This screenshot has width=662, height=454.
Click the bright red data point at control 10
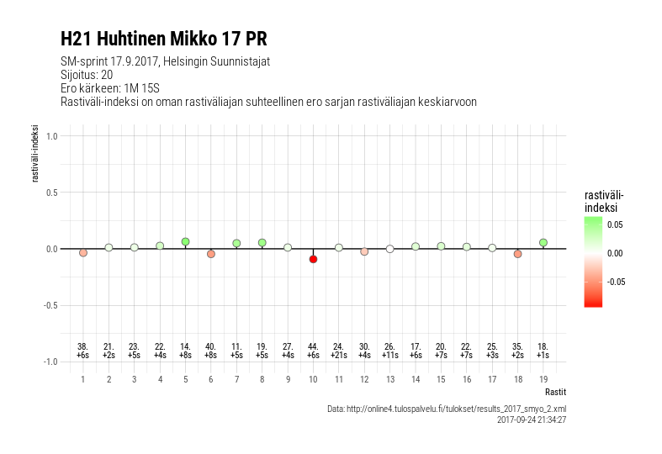pyautogui.click(x=313, y=259)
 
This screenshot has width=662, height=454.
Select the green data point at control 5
pyautogui.click(x=185, y=241)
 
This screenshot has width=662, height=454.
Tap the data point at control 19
pyautogui.click(x=543, y=242)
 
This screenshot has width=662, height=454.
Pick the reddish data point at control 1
pyautogui.click(x=83, y=252)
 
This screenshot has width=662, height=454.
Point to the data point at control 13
pyautogui.click(x=389, y=249)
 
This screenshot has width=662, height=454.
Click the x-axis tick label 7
pyautogui.click(x=236, y=379)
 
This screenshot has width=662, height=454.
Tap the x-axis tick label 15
pyautogui.click(x=441, y=379)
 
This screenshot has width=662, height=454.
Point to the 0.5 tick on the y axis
pyautogui.click(x=51, y=192)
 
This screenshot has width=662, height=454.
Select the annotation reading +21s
pyautogui.click(x=338, y=356)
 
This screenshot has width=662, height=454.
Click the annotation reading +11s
pyautogui.click(x=389, y=356)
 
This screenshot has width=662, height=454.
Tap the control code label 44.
pyautogui.click(x=313, y=346)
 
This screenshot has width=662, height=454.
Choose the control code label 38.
pyautogui.click(x=83, y=346)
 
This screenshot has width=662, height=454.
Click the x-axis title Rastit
pyautogui.click(x=554, y=392)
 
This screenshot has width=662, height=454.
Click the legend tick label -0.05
pyautogui.click(x=617, y=282)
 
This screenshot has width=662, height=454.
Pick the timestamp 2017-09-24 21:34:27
pyautogui.click(x=531, y=419)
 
